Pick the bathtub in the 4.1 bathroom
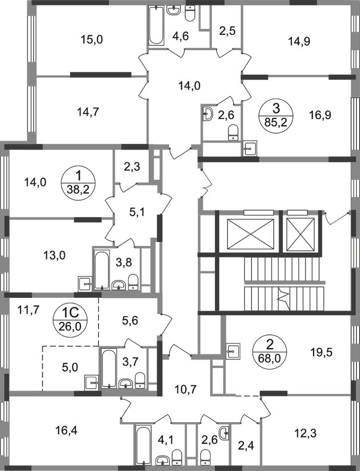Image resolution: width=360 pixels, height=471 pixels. pyautogui.click(x=142, y=443)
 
